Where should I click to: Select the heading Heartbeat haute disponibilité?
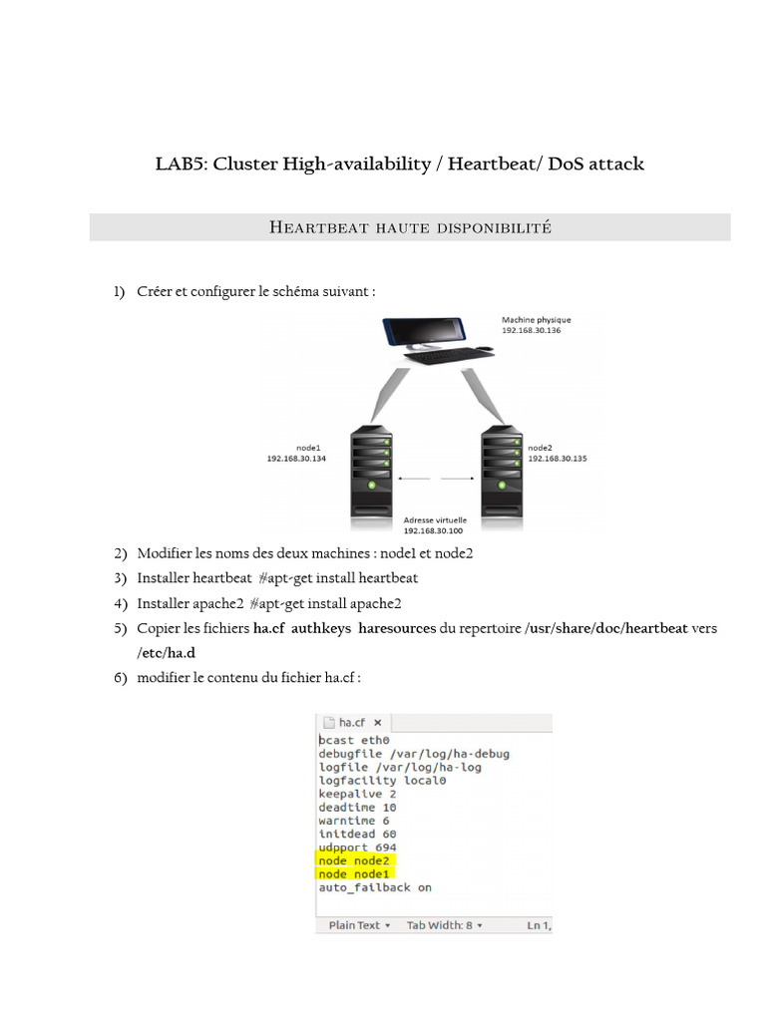coord(410,227)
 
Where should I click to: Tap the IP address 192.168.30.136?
coord(531,330)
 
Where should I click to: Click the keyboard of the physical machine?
coord(449,356)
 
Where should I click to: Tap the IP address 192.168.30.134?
coord(296,459)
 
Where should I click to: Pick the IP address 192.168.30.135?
coord(557,459)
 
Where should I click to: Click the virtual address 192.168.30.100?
coord(433,530)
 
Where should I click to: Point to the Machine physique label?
coord(536,320)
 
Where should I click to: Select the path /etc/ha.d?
coord(167,653)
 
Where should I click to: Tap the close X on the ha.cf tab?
coord(378,723)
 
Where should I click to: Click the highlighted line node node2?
coord(353,860)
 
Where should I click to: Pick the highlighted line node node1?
coord(353,874)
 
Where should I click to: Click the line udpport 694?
coord(358,848)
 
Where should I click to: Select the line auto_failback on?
coord(375,887)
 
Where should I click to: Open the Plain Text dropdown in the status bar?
coord(359,925)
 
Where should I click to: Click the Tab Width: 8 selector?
coord(445,925)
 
